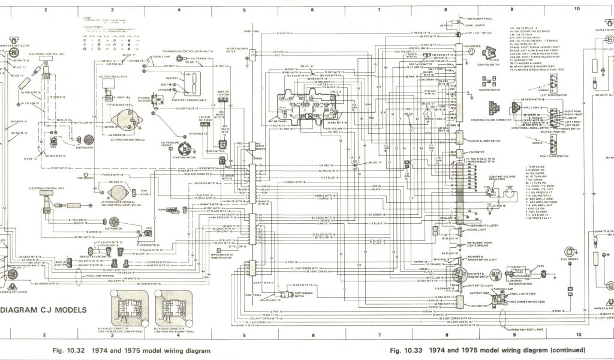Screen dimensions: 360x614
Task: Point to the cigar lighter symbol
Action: (x=447, y=26)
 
